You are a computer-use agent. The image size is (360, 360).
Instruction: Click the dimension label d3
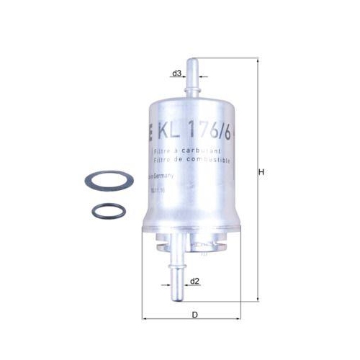(176, 73)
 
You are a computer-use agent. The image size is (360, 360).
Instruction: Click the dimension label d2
(195, 281)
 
